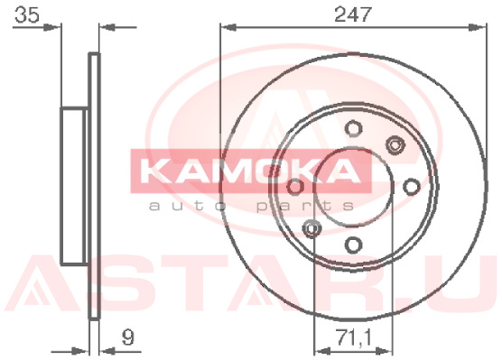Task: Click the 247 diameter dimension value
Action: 353,14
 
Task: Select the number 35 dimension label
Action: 27,14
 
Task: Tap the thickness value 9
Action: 127,337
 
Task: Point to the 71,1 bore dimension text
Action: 353,337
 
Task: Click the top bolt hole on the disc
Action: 354,128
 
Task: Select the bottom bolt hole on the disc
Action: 354,245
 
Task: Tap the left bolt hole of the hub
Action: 295,187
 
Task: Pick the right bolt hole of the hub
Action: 412,187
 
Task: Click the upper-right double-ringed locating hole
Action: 395,145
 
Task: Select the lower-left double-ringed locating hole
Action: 311,228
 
